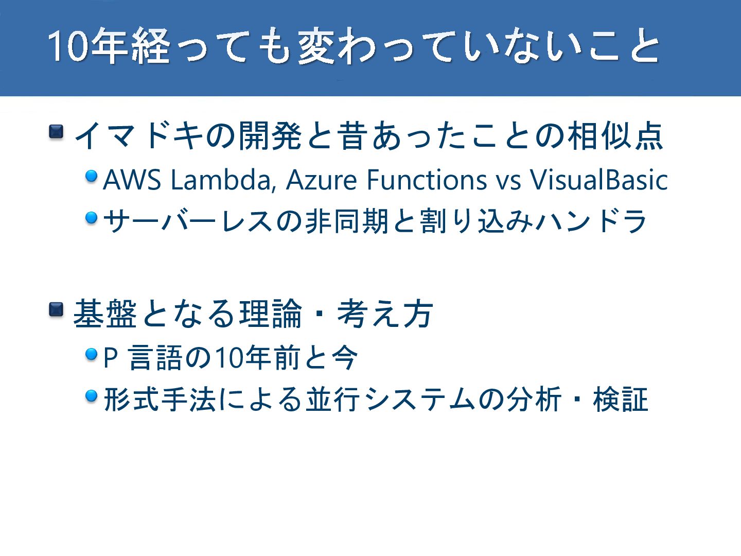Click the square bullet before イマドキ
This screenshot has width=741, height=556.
pos(56,132)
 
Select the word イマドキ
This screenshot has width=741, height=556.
pos(139,136)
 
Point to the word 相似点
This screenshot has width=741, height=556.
pos(615,136)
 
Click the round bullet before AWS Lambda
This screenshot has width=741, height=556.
pos(92,176)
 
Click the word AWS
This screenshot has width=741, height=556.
pos(132,180)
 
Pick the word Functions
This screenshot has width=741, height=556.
pos(427,180)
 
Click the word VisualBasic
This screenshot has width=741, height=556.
pos(599,180)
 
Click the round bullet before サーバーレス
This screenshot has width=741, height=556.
pos(92,218)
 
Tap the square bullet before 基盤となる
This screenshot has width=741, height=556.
pos(56,309)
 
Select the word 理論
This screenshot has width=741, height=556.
pos(270,314)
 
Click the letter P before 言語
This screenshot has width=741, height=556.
pos(111,358)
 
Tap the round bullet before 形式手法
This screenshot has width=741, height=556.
pos(92,396)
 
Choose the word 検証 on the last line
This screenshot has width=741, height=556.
pos(621,399)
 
